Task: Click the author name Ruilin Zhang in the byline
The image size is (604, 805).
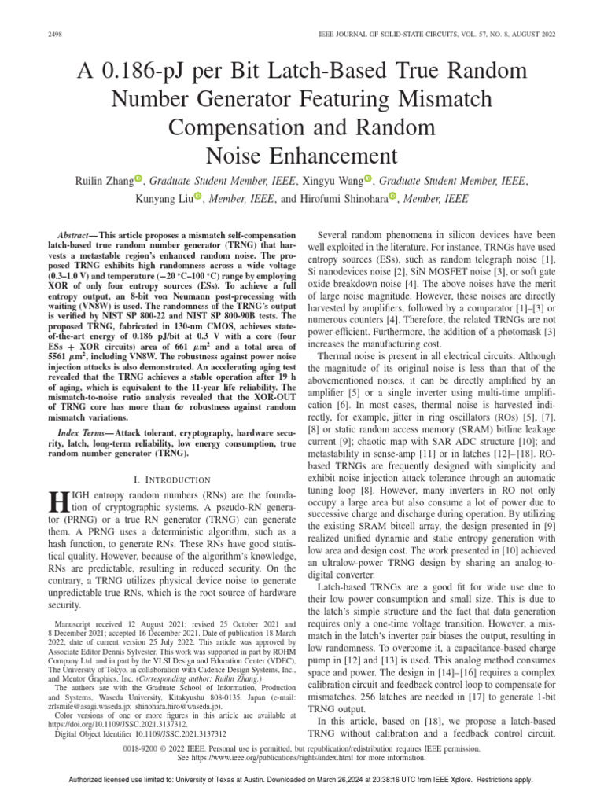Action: pyautogui.click(x=104, y=181)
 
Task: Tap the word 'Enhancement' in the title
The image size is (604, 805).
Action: pyautogui.click(x=301, y=153)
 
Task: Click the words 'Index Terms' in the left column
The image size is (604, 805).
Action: pyautogui.click(x=86, y=435)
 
